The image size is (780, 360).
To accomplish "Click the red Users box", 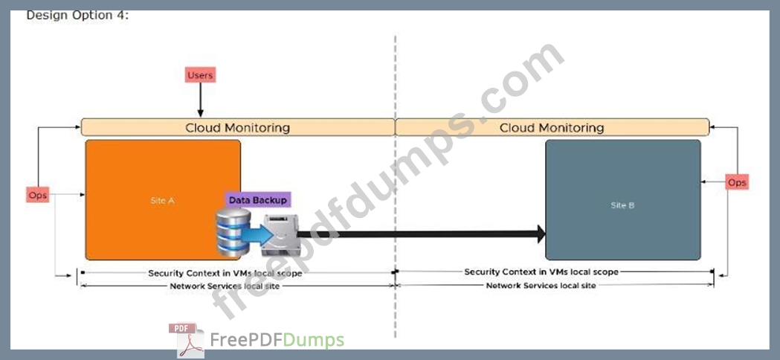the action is tap(201, 75).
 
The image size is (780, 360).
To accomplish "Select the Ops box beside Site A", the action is tap(38, 195).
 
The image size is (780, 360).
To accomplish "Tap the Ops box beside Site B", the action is tap(737, 182).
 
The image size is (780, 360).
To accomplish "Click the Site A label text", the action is tap(162, 201).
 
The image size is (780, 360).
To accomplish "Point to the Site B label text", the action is tap(622, 205).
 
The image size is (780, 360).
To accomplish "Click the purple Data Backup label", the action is tap(258, 200).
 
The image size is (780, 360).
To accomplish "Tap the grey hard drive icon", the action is tap(280, 235).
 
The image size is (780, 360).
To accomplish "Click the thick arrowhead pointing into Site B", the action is tap(541, 234).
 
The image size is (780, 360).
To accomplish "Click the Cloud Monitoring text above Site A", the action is tap(237, 127).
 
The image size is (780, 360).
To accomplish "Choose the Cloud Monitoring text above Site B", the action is tap(552, 127).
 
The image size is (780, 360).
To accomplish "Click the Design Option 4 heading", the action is tap(77, 15).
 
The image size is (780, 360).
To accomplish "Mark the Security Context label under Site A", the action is tap(225, 274).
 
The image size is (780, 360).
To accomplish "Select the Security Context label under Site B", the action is tap(541, 272).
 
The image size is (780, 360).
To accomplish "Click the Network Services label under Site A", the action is tap(225, 286).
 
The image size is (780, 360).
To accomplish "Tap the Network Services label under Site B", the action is tap(541, 286).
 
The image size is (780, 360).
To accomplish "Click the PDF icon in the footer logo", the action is tap(187, 340).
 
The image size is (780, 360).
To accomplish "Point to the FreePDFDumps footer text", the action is tap(277, 341).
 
